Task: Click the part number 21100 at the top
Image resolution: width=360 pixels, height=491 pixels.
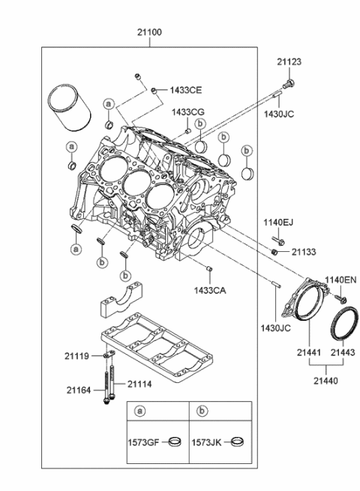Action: tap(149, 32)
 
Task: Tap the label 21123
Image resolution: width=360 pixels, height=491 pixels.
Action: tap(289, 62)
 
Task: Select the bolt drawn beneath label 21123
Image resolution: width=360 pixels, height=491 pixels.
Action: tap(289, 84)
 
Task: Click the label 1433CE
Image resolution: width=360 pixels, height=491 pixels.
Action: tap(186, 90)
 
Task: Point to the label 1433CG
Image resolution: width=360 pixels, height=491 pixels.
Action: tap(187, 112)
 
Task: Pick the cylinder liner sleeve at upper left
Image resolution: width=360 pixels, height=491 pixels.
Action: tap(69, 106)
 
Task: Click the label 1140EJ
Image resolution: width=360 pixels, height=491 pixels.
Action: tap(278, 223)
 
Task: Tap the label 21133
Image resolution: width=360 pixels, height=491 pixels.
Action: tap(304, 252)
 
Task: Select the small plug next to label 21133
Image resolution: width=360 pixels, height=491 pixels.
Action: tap(274, 251)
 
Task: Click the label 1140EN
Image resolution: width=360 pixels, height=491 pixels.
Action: tap(340, 280)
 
